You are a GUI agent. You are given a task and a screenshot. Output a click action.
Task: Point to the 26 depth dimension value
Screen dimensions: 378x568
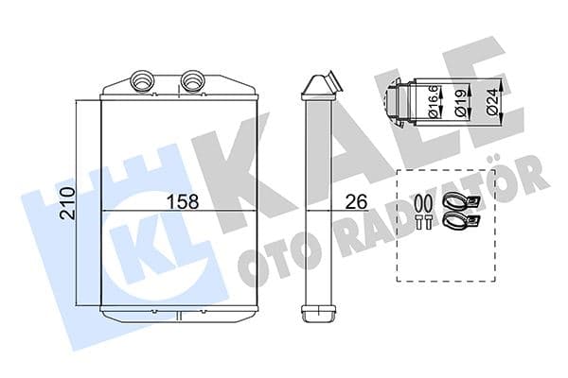[356, 201]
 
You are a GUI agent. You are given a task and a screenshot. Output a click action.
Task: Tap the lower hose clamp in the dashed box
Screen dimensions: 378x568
[458, 221]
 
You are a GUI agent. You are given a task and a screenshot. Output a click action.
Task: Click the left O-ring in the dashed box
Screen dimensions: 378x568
[421, 200]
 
